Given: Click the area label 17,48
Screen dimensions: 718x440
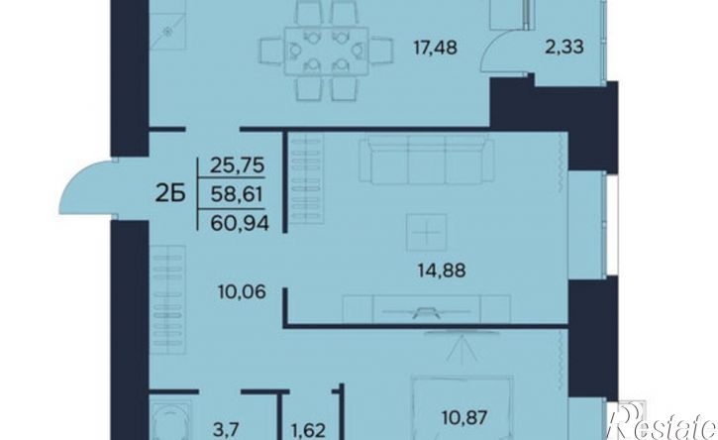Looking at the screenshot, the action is pos(435,48).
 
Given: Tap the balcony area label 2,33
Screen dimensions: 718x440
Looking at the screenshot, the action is pos(564,47).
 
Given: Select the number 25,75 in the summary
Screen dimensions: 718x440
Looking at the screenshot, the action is pos(238,165).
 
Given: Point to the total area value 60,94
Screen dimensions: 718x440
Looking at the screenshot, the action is pos(240,224).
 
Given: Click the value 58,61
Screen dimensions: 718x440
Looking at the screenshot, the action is pos(237,195).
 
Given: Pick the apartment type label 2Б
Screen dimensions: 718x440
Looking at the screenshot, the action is pos(170,195).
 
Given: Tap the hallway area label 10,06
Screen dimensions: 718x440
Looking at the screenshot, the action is pos(242,291).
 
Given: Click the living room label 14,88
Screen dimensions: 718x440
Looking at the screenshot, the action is pos(442,271).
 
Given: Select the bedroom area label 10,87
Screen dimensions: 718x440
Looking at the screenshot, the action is pos(464,417).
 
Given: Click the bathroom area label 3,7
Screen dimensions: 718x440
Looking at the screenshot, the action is pos(227,430).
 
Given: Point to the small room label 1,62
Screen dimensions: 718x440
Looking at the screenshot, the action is pos(308,431).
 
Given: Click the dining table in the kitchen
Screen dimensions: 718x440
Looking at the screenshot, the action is pos(326,51).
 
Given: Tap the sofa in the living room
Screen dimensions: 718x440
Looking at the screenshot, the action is pos(426,162).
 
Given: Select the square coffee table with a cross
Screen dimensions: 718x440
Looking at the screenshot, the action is pos(426,232).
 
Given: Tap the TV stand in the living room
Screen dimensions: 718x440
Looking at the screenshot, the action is pos(426,309).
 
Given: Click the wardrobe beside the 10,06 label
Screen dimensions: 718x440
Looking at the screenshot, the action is pos(168,300).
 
